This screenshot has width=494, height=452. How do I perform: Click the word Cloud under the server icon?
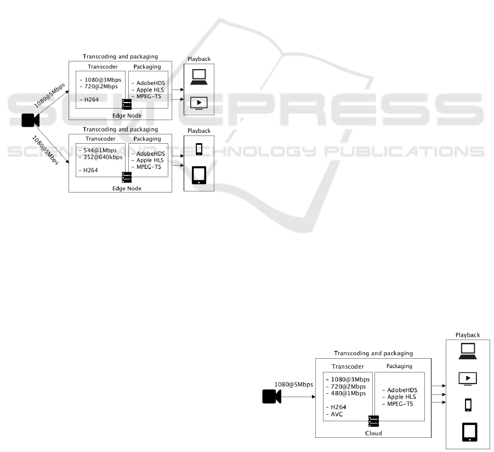(373, 433)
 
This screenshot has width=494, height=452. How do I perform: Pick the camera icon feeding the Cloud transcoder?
(271, 397)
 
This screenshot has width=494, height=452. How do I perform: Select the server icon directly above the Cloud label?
(374, 421)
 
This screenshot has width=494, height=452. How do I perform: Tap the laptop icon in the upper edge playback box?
(198, 77)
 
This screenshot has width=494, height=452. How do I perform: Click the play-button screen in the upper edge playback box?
(198, 103)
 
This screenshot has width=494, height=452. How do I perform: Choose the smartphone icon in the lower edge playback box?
(199, 149)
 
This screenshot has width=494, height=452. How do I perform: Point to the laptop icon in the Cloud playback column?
(468, 349)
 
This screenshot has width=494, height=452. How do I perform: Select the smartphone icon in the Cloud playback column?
(468, 405)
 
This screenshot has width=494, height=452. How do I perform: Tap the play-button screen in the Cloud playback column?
(468, 378)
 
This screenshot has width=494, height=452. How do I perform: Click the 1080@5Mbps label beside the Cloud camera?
(293, 384)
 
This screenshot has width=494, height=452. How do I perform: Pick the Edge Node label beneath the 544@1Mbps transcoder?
(127, 188)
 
